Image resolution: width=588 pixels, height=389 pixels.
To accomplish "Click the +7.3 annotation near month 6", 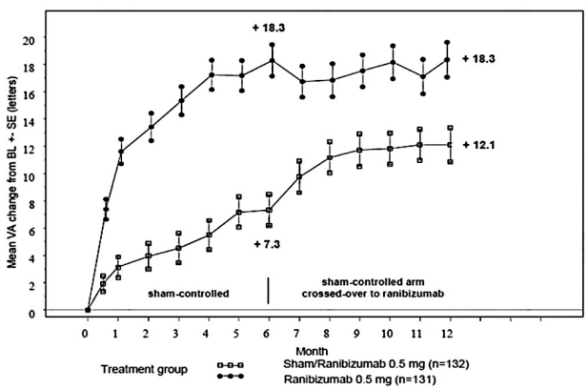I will pyautogui.click(x=273, y=245).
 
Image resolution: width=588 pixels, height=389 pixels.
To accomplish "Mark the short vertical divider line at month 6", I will pyautogui.click(x=268, y=290).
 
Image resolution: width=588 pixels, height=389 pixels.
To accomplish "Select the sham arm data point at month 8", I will pyautogui.click(x=329, y=157).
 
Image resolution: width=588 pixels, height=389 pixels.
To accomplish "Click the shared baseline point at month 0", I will pyautogui.click(x=88, y=309).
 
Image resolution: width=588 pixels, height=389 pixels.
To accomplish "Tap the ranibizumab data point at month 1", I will pyautogui.click(x=121, y=151).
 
